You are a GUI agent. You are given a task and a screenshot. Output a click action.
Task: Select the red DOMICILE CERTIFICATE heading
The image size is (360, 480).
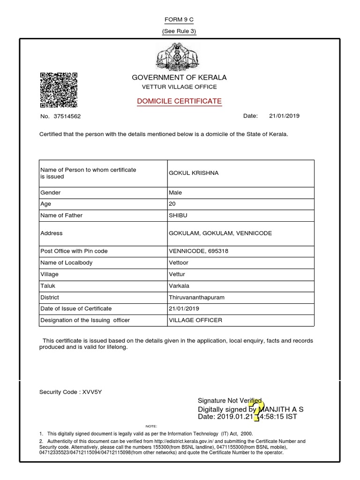(x=179, y=101)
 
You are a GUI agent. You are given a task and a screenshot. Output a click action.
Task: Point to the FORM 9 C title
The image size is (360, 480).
(x=179, y=20)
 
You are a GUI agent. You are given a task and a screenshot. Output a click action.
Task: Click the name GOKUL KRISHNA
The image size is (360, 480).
(x=194, y=173)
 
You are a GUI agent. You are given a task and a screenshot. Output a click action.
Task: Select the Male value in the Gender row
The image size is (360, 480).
(x=175, y=193)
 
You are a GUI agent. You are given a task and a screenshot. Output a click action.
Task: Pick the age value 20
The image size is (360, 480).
(x=172, y=204)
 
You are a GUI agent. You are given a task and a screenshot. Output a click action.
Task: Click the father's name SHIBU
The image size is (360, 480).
(x=178, y=216)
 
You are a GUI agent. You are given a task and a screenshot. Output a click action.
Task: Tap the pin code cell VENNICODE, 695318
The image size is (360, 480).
(x=199, y=251)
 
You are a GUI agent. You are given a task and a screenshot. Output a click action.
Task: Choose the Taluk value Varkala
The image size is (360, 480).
(x=179, y=285)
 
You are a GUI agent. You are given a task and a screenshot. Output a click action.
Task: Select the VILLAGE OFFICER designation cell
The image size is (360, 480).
(x=195, y=320)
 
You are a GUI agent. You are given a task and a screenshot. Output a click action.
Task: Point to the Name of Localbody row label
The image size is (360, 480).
(x=66, y=262)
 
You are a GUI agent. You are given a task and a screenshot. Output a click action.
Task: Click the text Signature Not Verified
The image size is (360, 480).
(x=230, y=400)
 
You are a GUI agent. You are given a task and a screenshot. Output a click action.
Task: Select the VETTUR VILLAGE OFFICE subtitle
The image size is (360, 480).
(x=179, y=87)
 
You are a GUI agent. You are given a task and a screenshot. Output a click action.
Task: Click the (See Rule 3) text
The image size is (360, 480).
(x=179, y=31)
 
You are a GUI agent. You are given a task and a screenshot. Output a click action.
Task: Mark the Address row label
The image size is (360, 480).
(x=52, y=233)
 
